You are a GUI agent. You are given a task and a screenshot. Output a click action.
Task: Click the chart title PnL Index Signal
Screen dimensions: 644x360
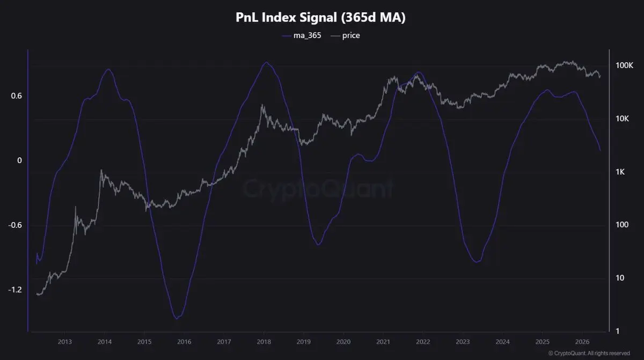coord(286,18)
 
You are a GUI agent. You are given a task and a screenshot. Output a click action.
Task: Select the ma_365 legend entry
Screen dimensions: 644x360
coord(301,35)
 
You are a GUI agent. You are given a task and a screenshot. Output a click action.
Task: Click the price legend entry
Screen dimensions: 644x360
coord(345,35)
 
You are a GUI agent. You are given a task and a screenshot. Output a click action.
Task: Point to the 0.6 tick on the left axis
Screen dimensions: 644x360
coord(17,96)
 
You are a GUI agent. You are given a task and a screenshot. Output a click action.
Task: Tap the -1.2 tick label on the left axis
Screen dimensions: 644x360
coord(15,290)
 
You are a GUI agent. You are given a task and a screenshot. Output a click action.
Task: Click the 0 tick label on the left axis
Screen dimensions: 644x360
coord(19,160)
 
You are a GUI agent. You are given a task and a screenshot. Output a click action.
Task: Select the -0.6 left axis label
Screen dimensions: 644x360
coord(15,225)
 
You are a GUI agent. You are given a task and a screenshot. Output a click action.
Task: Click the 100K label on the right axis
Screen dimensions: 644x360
coord(624,65)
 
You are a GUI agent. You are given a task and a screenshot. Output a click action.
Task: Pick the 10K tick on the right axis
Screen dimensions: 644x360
coord(622,119)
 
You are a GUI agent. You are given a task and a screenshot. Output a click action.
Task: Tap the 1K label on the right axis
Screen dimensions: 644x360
coord(620,172)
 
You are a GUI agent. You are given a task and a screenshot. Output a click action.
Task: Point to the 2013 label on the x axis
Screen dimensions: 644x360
coord(65,342)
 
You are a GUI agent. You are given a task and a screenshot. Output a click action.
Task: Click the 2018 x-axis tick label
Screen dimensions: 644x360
coord(264,342)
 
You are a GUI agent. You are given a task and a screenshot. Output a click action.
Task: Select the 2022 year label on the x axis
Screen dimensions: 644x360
coord(423,342)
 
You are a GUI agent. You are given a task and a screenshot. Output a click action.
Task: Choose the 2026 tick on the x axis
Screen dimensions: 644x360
coord(582,342)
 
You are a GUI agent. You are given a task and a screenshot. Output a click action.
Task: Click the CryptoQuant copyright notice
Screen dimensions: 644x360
coord(589,353)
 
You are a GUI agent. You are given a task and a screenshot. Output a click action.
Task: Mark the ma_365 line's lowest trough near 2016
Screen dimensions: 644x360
coord(177,318)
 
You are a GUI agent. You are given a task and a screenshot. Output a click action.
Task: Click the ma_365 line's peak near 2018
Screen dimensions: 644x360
coord(267,62)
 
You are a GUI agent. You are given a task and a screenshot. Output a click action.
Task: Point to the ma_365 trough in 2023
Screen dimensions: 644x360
coord(477,262)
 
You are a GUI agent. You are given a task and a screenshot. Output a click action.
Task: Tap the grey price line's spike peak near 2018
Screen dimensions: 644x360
coord(262,105)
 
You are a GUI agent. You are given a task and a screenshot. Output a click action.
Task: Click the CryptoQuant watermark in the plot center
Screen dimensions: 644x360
coord(318,189)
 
